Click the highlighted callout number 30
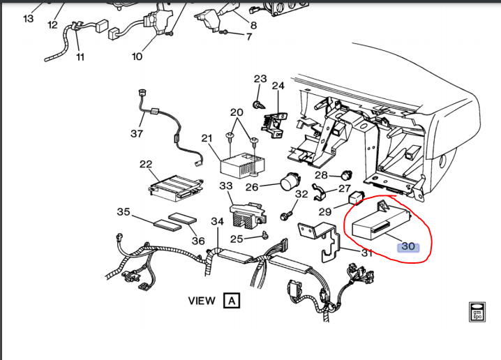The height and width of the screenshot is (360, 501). click(x=408, y=246)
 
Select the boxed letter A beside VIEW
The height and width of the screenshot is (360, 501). click(x=232, y=301)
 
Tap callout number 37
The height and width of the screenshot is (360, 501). click(x=137, y=133)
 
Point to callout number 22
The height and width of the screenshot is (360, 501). click(x=146, y=164)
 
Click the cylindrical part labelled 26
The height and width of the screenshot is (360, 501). click(x=287, y=184)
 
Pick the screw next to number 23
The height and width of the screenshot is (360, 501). click(x=258, y=104)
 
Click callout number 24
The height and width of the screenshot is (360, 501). click(x=278, y=86)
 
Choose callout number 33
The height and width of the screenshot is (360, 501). click(x=225, y=186)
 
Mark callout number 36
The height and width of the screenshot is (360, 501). click(x=198, y=241)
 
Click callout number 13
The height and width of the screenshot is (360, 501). click(x=28, y=19)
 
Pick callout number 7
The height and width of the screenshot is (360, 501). click(x=248, y=36)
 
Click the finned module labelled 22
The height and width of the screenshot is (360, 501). click(x=174, y=186)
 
